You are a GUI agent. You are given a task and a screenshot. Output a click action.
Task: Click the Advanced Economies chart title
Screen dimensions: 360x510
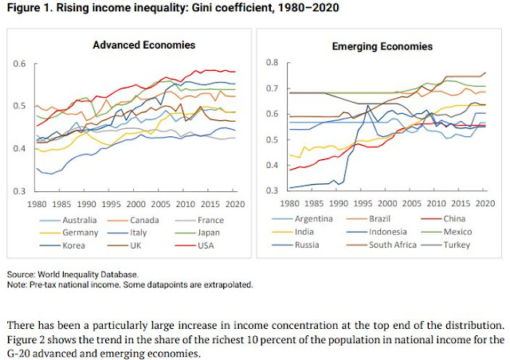pyautogui.click(x=139, y=45)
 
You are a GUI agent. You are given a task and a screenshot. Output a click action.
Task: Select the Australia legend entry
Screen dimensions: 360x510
pyautogui.click(x=80, y=219)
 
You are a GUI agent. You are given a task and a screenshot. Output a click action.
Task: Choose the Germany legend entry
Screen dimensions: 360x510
pyautogui.click(x=80, y=233)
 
